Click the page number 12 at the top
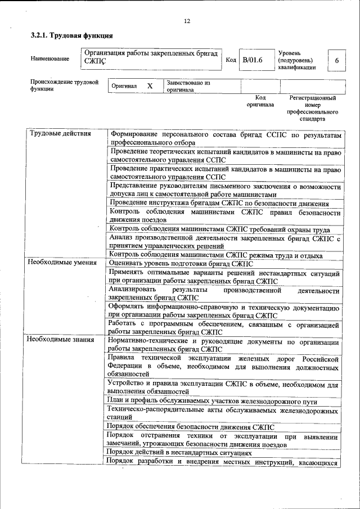(x=187, y=21)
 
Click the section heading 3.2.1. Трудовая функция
(x=67, y=36)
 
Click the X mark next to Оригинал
(x=150, y=86)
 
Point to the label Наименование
(x=50, y=58)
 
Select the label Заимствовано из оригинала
(x=188, y=86)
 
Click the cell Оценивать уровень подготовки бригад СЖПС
(x=181, y=264)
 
